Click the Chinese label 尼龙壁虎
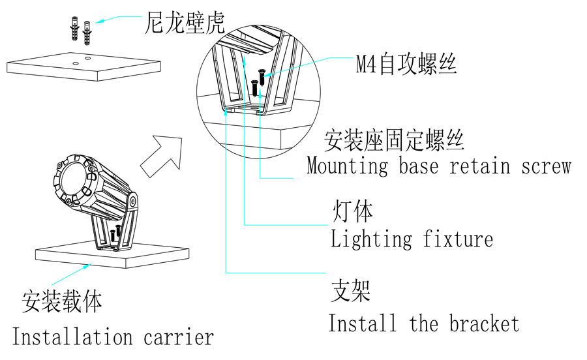(185, 23)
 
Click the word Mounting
(347, 166)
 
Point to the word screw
(546, 166)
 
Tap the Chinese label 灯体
(352, 212)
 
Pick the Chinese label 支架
(351, 291)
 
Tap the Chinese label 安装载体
(63, 302)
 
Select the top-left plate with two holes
(83, 65)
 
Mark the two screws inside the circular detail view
(258, 82)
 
